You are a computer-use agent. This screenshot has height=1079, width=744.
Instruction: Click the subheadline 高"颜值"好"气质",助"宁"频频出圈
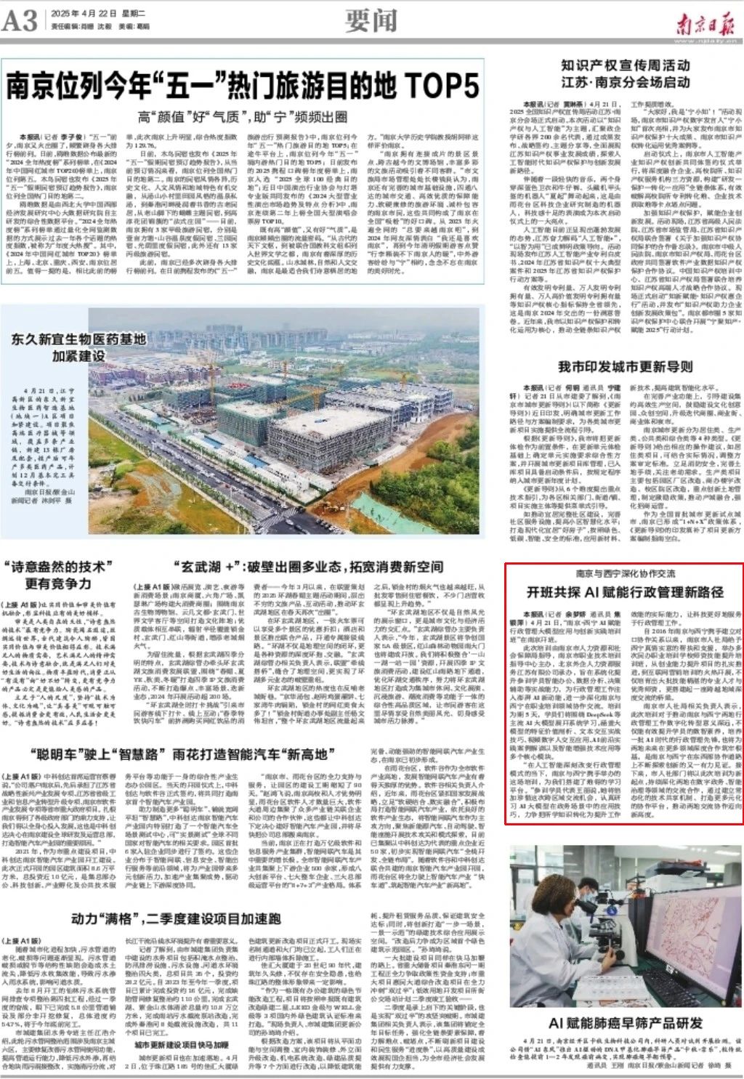243,116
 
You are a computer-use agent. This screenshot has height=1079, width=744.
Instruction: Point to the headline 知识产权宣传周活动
625,65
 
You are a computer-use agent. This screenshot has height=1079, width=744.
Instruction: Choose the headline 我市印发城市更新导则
625,366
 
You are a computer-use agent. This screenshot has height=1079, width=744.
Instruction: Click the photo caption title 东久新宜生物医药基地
78,339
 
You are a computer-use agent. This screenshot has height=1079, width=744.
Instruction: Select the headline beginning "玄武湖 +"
307,567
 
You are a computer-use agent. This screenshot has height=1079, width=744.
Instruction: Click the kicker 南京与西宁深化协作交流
625,573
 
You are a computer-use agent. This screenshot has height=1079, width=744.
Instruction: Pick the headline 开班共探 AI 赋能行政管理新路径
625,591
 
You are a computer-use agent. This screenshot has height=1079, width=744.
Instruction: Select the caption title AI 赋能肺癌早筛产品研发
626,1023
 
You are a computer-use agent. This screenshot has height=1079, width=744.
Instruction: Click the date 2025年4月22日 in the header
80,14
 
